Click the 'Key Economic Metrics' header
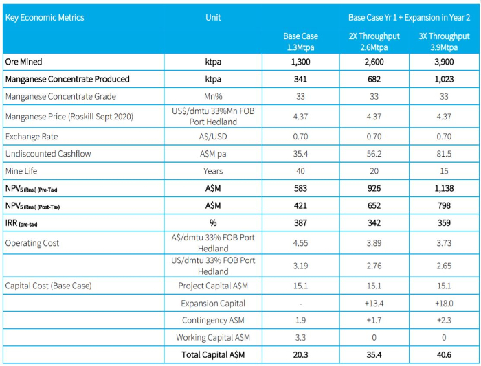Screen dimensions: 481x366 (45, 17)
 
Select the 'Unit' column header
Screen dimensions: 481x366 (213, 17)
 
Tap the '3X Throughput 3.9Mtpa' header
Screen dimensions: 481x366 (444, 42)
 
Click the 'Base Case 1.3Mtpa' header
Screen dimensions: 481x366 (301, 42)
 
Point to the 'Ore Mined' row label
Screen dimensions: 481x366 (23, 62)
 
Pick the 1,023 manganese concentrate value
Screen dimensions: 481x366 (444, 79)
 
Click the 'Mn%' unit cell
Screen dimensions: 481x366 (213, 97)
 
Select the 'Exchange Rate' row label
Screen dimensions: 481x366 (32, 137)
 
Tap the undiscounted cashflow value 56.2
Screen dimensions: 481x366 (374, 154)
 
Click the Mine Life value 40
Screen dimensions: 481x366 (301, 171)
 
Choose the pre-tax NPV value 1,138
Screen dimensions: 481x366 (444, 188)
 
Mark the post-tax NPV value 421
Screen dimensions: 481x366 (301, 205)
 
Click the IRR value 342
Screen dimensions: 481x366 (374, 223)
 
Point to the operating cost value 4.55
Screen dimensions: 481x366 (301, 243)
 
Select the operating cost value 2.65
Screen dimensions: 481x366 (444, 266)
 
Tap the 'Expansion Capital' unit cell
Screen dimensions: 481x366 (213, 303)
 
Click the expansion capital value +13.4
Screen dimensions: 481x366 (374, 304)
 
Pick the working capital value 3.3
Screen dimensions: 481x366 (301, 337)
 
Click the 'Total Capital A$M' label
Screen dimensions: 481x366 (213, 354)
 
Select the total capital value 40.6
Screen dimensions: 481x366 (444, 354)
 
